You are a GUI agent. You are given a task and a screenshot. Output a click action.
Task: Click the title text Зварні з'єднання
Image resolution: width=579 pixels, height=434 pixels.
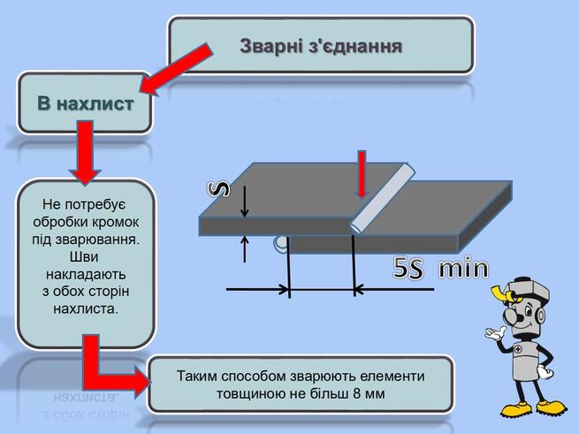321,47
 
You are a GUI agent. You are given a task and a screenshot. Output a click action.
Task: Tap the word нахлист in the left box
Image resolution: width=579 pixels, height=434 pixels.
96,103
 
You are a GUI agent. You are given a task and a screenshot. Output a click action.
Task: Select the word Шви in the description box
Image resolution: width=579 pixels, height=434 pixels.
84,256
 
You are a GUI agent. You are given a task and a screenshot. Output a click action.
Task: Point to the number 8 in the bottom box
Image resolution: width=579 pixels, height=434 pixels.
357,393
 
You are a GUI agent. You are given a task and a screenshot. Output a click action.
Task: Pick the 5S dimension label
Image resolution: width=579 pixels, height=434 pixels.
408,268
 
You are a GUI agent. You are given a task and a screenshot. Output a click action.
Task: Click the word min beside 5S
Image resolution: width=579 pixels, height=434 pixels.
463,268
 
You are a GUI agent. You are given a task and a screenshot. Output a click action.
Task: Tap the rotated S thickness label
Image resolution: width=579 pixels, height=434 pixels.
219,189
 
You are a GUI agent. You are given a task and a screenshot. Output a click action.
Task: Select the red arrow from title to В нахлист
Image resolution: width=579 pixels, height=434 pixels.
176,70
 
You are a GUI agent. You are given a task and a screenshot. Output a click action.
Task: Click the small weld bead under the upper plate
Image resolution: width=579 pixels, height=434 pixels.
280,244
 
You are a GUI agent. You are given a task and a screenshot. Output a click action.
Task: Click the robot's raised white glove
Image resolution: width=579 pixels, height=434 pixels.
495,332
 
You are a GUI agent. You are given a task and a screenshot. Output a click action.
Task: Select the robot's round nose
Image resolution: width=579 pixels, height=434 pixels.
512,315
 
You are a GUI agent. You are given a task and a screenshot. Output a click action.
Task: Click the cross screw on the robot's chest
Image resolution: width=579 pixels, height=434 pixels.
519,348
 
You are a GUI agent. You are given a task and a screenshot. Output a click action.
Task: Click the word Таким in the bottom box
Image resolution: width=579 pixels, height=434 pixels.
195,376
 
